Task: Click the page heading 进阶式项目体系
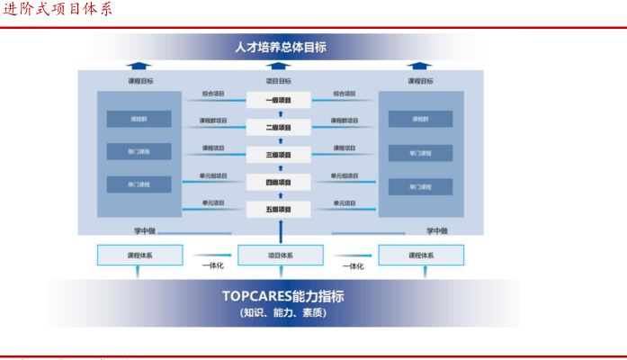57,9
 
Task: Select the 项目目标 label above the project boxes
279,81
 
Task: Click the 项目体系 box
280,256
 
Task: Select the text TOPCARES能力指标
282,296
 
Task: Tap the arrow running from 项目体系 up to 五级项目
280,231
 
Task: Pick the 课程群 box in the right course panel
420,119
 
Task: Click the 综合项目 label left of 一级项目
213,93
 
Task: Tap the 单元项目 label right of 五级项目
345,203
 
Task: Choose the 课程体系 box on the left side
139,256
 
